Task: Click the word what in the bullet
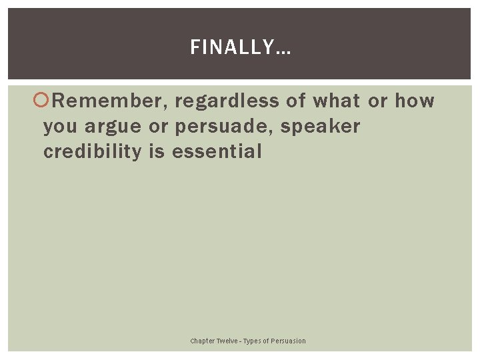click(335, 101)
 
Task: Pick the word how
click(415, 101)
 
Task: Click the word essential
click(217, 152)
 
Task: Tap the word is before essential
click(157, 152)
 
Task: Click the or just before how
click(377, 101)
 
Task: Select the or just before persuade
click(159, 127)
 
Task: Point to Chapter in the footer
click(203, 341)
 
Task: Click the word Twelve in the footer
click(227, 341)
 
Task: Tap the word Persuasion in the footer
click(288, 341)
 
